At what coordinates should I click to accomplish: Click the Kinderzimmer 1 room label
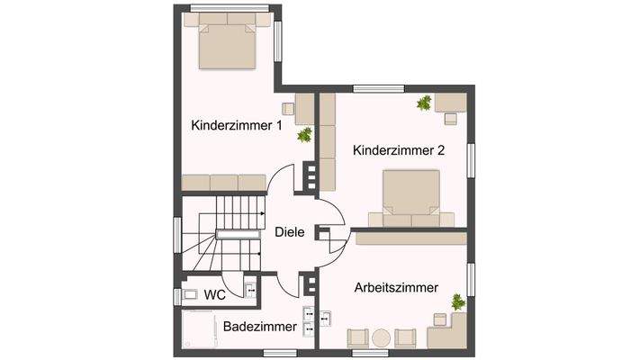[x=237, y=126]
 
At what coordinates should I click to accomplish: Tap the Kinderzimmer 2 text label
[x=399, y=150]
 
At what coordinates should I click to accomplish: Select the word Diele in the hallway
[x=290, y=231]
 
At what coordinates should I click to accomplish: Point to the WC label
[x=214, y=294]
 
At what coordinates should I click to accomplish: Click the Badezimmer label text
[x=259, y=327]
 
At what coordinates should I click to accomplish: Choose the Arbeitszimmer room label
[x=397, y=288]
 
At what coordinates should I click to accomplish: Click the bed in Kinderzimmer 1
[x=227, y=46]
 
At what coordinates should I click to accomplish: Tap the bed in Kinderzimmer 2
[x=411, y=200]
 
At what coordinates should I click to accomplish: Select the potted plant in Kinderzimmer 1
[x=304, y=135]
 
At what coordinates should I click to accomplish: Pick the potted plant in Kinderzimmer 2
[x=423, y=103]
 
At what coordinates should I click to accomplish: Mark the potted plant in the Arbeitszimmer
[x=459, y=301]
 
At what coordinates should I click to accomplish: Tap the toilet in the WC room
[x=191, y=293]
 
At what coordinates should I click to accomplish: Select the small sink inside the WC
[x=249, y=290]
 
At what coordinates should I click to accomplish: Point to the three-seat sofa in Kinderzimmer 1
[x=223, y=182]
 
